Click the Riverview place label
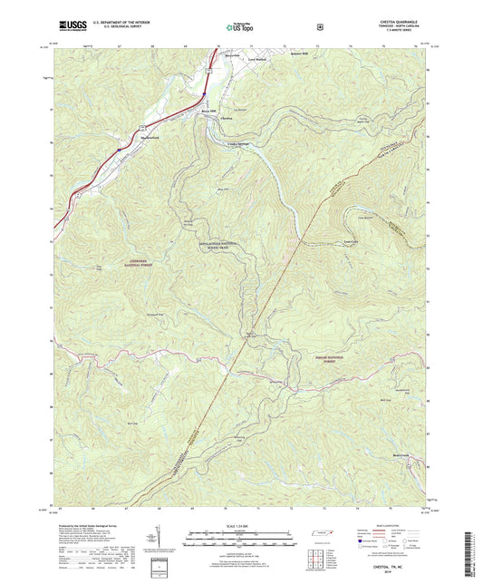(234, 55)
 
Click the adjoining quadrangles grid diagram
(317, 556)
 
